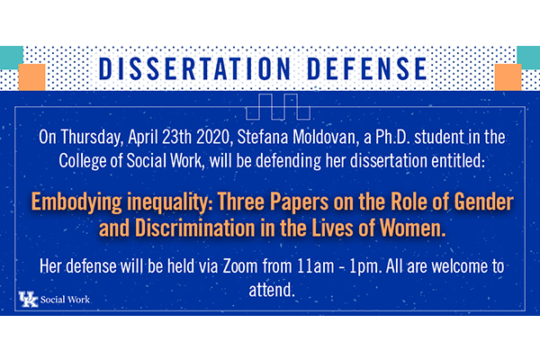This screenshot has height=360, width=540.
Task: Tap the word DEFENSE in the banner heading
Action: pyautogui.click(x=367, y=69)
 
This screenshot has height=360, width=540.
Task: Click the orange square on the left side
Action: pyautogui.click(x=31, y=77)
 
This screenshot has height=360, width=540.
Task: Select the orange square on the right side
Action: pyautogui.click(x=508, y=77)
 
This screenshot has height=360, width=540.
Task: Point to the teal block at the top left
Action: pyautogui.click(x=12, y=58)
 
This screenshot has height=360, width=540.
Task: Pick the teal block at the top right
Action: pyautogui.click(x=528, y=58)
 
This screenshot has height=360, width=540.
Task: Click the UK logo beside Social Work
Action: pyautogui.click(x=28, y=300)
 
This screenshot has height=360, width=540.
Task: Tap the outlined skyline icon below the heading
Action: pyautogui.click(x=278, y=106)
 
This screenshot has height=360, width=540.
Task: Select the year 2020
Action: pyautogui.click(x=212, y=137)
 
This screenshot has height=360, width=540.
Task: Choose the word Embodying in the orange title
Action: pyautogui.click(x=76, y=202)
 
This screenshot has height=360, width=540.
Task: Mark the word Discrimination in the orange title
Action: pyautogui.click(x=195, y=228)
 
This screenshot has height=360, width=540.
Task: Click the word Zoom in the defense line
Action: pyautogui.click(x=240, y=266)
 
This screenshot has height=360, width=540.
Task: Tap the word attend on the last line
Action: pyautogui.click(x=272, y=290)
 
